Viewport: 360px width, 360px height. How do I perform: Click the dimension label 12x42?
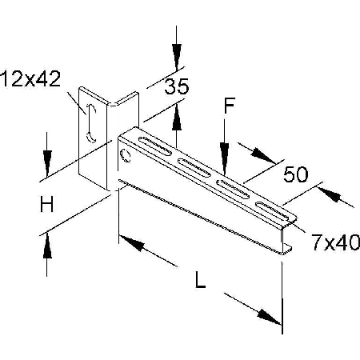point(30,79)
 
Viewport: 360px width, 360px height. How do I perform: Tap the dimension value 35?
point(177,86)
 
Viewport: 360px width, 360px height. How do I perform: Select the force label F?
point(229,106)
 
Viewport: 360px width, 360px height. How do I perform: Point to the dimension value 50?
point(296,174)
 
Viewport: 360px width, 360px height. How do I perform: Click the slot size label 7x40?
point(336,242)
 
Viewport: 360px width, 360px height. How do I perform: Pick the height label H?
point(46,204)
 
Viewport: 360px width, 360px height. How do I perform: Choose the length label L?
point(200,279)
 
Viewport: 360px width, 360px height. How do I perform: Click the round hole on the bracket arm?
point(126,155)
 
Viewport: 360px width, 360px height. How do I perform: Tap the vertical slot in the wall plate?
point(91,123)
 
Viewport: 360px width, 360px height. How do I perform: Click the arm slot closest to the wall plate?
point(155,146)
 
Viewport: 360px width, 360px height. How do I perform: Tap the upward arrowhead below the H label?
point(47,246)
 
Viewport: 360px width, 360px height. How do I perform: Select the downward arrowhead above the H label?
point(47,163)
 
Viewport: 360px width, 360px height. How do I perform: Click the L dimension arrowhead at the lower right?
point(270,318)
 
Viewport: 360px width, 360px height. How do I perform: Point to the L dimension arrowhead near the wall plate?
point(131,242)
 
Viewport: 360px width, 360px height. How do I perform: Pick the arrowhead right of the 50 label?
point(330,194)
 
